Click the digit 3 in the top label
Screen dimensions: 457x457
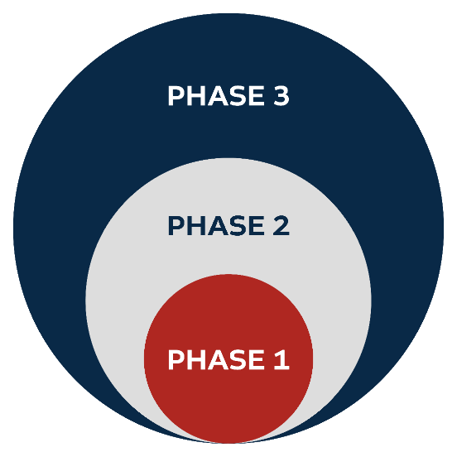click(x=281, y=95)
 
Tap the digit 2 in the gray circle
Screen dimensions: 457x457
click(x=281, y=225)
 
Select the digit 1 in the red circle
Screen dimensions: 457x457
click(x=281, y=359)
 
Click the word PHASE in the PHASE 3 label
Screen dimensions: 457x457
click(x=216, y=95)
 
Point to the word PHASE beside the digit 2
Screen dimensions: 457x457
click(x=216, y=225)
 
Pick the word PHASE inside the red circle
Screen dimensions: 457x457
click(x=216, y=359)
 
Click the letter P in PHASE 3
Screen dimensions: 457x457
click(x=176, y=95)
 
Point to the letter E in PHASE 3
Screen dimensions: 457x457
click(x=257, y=95)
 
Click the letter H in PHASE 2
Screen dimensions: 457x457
click(x=196, y=225)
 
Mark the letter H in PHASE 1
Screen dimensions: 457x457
click(x=196, y=359)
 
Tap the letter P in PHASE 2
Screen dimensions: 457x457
click(x=176, y=225)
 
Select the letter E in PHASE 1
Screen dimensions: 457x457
click(x=257, y=359)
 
